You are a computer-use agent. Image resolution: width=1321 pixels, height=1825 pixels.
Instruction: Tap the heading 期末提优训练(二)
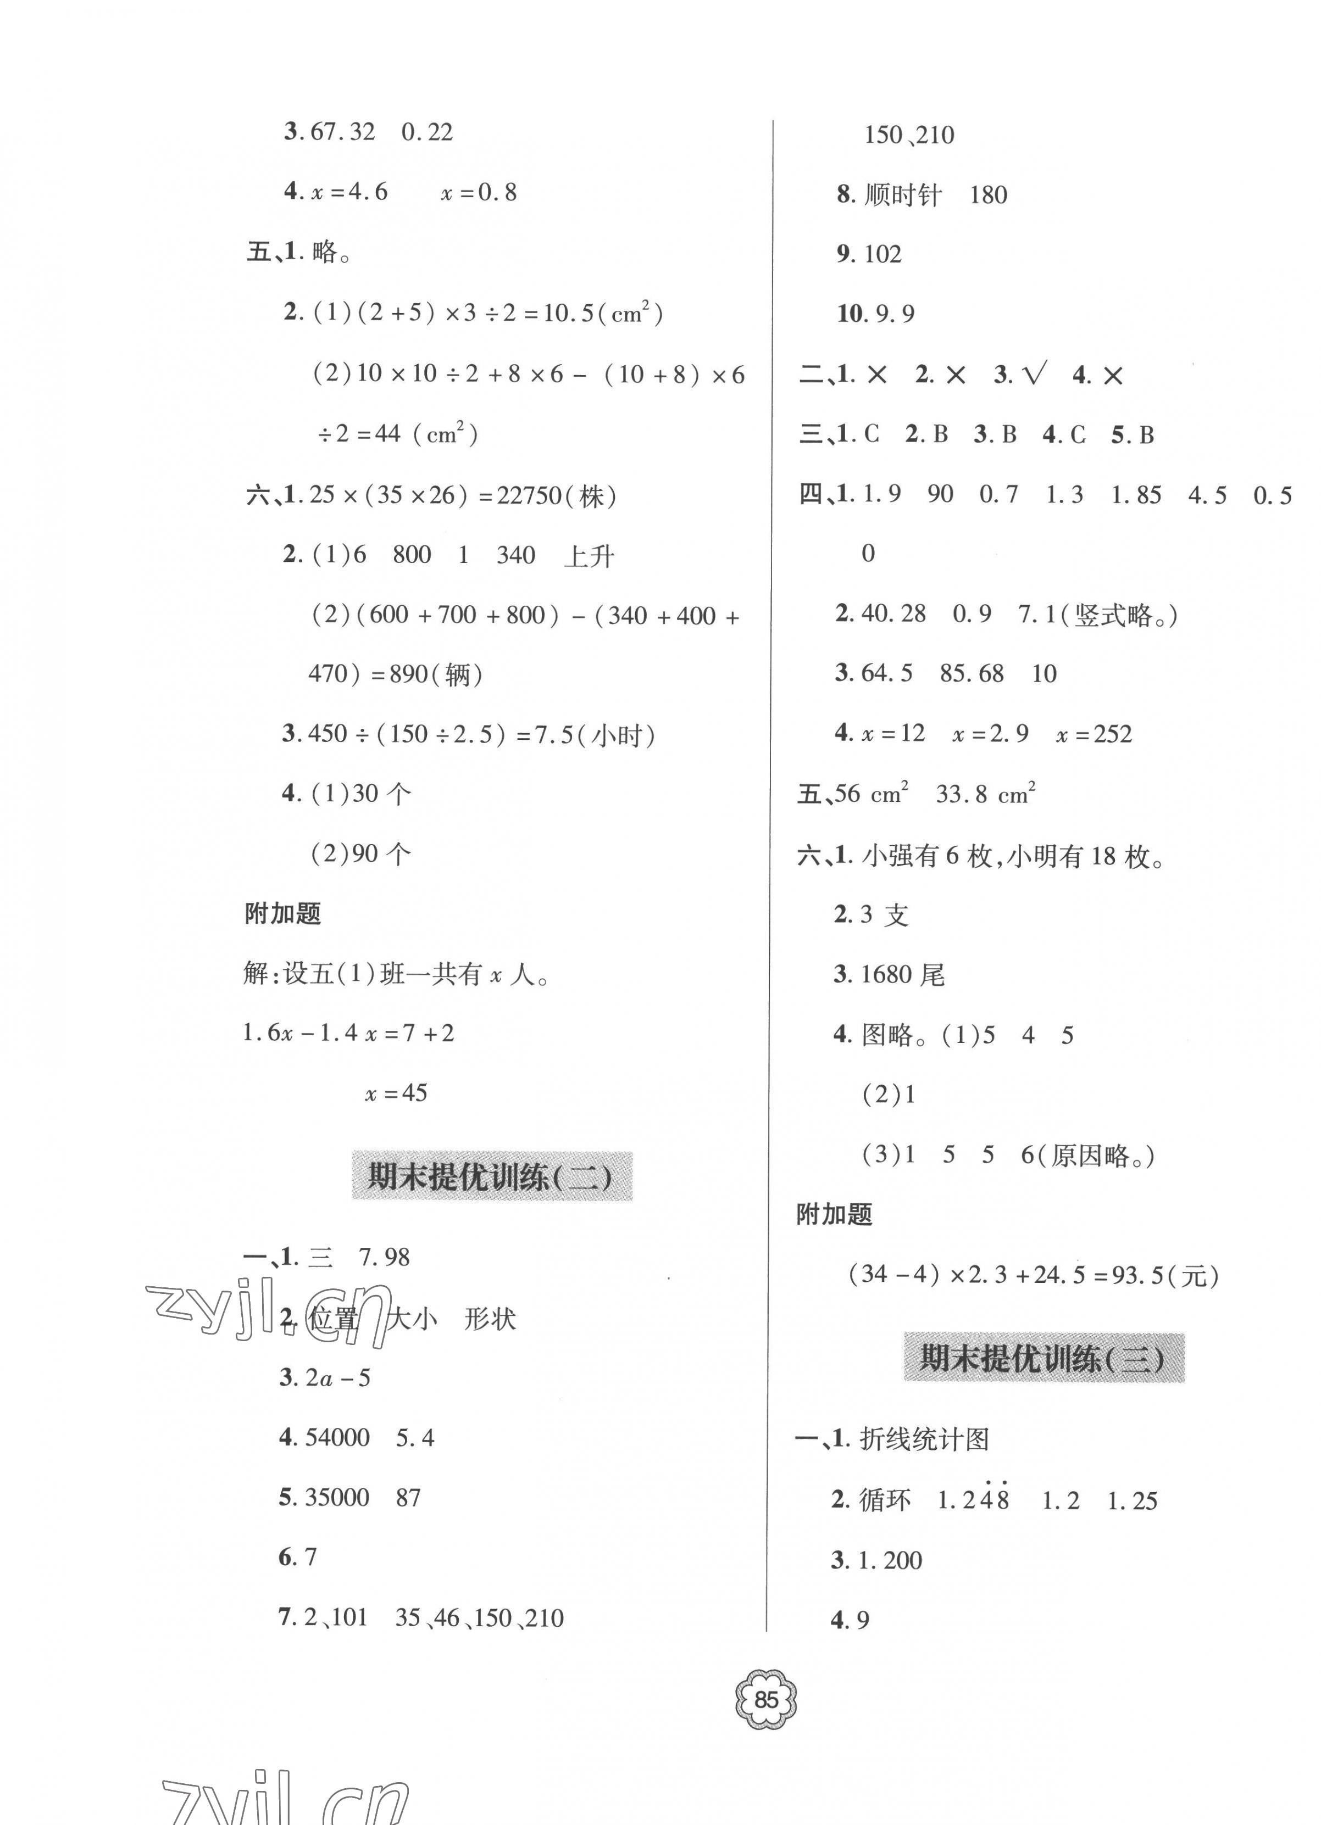[x=491, y=1177]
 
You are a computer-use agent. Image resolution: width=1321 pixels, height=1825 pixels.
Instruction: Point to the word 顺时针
[x=902, y=196]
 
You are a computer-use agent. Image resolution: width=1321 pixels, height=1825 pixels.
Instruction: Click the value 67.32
[x=342, y=132]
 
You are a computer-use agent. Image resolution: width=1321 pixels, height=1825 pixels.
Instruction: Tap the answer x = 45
[x=396, y=1093]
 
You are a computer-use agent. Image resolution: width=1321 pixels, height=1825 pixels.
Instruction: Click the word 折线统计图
[x=924, y=1439]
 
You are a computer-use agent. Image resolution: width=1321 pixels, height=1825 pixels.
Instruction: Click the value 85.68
[x=972, y=673]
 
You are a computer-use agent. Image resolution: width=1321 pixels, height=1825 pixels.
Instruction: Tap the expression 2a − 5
[x=337, y=1377]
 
